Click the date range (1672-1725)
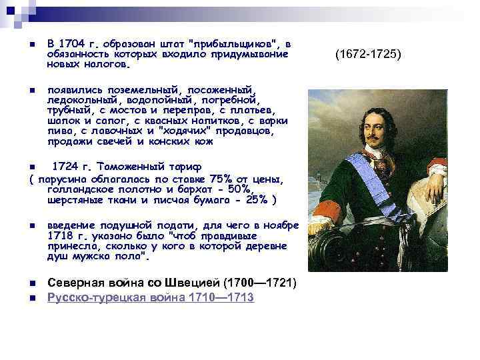click(369, 53)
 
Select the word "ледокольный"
click(74, 99)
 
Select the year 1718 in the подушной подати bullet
click(61, 236)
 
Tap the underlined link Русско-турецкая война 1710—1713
click(150, 297)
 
